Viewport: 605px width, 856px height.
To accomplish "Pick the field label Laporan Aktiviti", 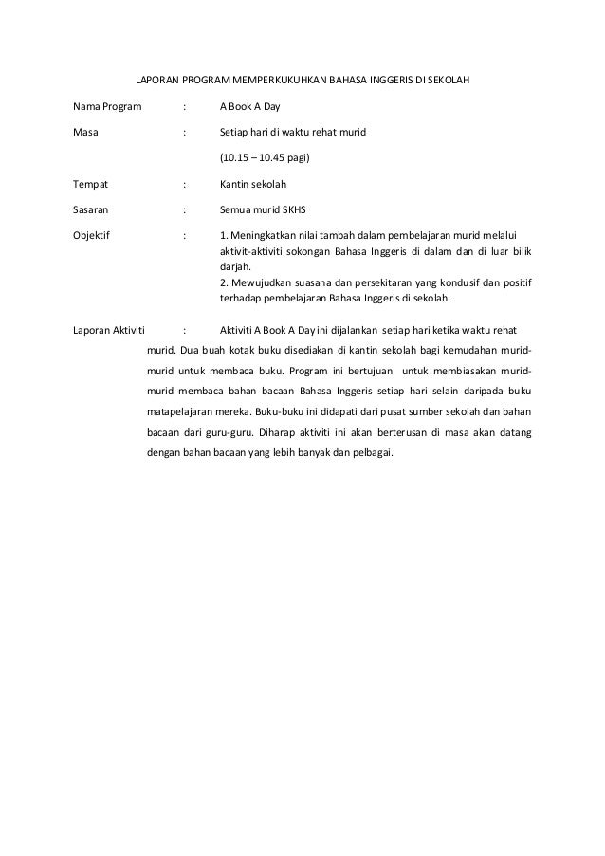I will (109, 331).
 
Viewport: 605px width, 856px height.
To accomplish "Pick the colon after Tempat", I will (183, 183).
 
